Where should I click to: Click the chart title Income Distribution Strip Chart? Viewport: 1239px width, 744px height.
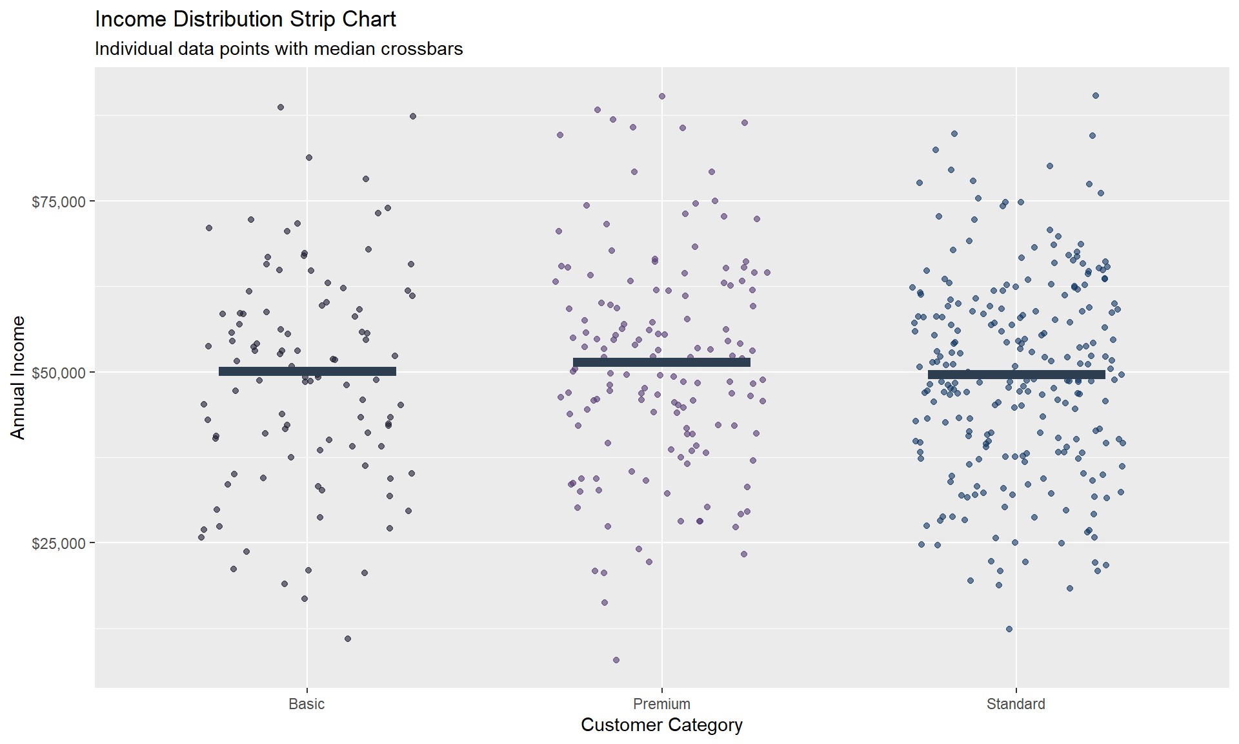coord(245,19)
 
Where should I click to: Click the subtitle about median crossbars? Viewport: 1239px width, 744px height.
coord(279,49)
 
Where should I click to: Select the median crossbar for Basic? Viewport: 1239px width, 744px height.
coord(307,371)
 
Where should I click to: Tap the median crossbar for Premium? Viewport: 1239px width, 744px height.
coord(661,362)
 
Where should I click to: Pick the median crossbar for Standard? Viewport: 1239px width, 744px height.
coord(1016,375)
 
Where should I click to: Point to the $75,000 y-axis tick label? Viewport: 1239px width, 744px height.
coord(59,202)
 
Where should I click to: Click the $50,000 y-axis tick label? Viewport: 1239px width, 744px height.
coord(59,373)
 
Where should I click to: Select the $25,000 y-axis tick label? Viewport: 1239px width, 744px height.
coord(59,544)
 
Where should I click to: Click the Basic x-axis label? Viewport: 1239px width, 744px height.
coord(307,704)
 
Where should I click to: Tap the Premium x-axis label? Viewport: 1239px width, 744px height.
coord(661,704)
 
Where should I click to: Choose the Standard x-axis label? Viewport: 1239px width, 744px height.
coord(1016,704)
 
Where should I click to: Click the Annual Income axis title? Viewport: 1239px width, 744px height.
coord(18,378)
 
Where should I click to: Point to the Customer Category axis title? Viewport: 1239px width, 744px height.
coord(661,725)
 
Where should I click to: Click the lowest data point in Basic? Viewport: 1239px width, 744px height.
coord(348,639)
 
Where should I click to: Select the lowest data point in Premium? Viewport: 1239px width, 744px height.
coord(616,660)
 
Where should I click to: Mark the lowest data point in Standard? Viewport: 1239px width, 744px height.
coord(1009,629)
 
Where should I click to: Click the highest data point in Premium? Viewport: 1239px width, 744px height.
coord(662,96)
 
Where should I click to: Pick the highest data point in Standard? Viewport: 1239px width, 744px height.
coord(1096,96)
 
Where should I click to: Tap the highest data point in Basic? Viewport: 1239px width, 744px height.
coord(281,107)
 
